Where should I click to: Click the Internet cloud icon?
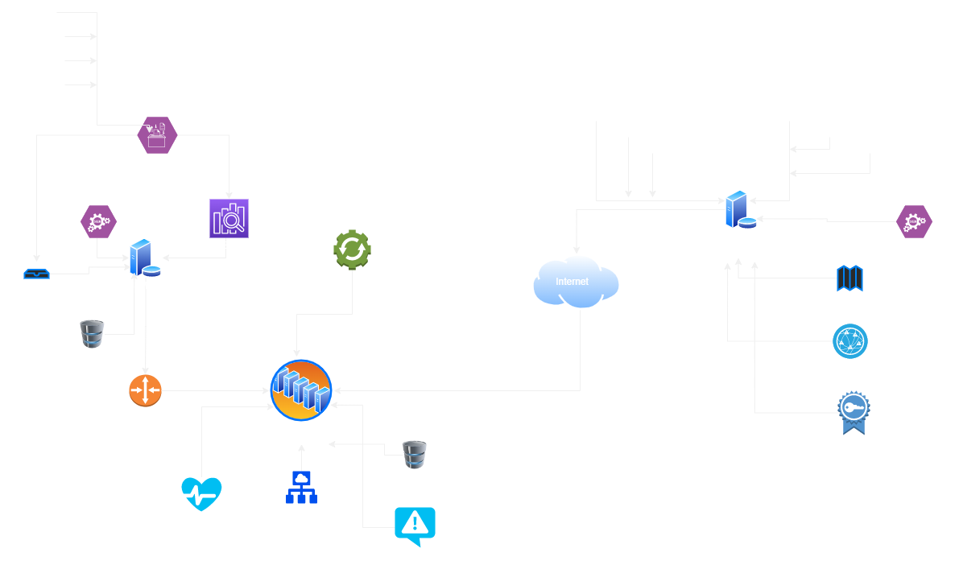[x=576, y=282]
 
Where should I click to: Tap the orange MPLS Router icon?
[x=145, y=390]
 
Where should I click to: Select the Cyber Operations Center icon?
[x=301, y=390]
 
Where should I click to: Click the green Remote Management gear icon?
[x=352, y=250]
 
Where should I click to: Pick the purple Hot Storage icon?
[x=229, y=218]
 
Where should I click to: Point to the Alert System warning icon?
[x=415, y=526]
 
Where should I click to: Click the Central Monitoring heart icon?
[x=201, y=493]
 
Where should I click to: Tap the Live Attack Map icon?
[x=849, y=278]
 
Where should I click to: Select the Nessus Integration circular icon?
[x=849, y=341]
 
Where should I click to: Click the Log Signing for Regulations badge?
[x=852, y=412]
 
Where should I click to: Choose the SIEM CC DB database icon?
[x=415, y=455]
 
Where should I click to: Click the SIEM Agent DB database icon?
[x=93, y=334]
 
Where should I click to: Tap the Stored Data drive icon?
[x=36, y=274]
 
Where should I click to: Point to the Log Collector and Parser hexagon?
[x=157, y=134]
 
